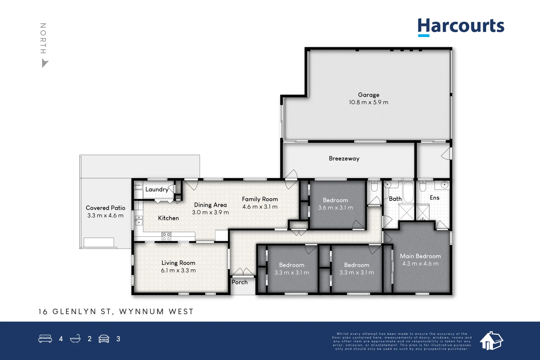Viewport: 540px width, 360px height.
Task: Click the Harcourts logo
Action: pyautogui.click(x=461, y=27)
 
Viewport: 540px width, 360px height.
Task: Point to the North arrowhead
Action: pyautogui.click(x=45, y=63)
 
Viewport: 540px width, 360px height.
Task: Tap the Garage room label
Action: pyautogui.click(x=369, y=95)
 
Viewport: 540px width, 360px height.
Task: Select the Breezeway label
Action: pyautogui.click(x=344, y=159)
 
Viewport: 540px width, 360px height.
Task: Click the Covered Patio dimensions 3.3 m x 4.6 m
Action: pyautogui.click(x=105, y=216)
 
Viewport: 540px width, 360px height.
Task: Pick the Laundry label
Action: pyautogui.click(x=157, y=189)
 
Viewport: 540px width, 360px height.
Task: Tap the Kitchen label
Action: pyautogui.click(x=168, y=218)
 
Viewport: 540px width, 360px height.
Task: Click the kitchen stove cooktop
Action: pyautogui.click(x=166, y=237)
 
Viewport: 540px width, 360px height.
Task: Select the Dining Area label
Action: pyautogui.click(x=210, y=205)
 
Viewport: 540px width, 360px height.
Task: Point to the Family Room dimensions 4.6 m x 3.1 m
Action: pyautogui.click(x=260, y=207)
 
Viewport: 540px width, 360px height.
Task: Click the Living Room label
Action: pyautogui.click(x=178, y=263)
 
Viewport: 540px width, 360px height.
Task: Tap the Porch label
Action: pyautogui.click(x=239, y=282)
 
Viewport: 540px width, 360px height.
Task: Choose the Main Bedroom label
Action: pyautogui.click(x=420, y=256)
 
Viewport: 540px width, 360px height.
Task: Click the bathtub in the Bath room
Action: pyautogui.click(x=408, y=192)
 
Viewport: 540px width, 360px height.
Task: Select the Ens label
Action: pyautogui.click(x=434, y=198)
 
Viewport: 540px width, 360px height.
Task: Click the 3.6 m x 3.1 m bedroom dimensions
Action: pyautogui.click(x=335, y=208)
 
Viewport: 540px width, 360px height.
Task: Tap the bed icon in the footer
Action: pyautogui.click(x=45, y=339)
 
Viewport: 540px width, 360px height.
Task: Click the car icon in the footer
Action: pyautogui.click(x=104, y=339)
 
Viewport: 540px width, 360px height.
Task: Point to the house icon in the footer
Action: pyautogui.click(x=491, y=341)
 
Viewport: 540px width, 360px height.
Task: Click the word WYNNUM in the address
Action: pyautogui.click(x=141, y=312)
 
